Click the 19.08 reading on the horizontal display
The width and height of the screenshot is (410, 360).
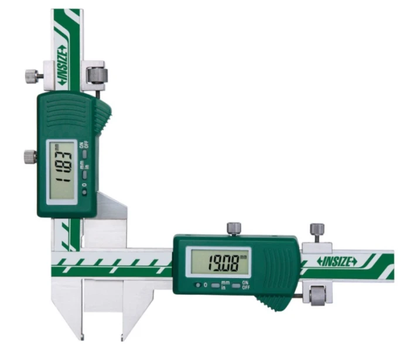223,263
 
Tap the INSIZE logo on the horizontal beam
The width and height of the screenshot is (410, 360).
337,262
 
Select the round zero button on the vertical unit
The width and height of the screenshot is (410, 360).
84,193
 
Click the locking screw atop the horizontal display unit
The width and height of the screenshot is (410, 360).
234,229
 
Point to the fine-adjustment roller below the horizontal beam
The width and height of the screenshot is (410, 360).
317,295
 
